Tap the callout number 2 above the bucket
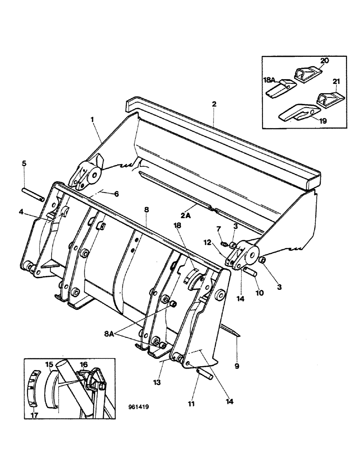click(214, 104)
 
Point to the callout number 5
click(24, 164)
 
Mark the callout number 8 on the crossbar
click(146, 210)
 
